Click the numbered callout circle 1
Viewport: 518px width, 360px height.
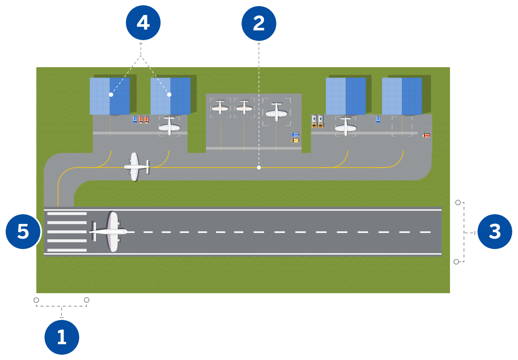tap(62, 337)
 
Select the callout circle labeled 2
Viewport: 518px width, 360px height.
tap(259, 23)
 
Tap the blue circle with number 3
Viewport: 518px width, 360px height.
tap(495, 232)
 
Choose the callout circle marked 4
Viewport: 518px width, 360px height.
tap(143, 23)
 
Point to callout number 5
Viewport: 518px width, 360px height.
tap(23, 232)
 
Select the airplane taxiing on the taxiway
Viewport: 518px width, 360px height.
tap(136, 166)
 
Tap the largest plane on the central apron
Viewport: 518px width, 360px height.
tap(276, 112)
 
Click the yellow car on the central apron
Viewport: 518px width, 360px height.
tap(295, 141)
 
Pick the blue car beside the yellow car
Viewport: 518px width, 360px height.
tap(295, 134)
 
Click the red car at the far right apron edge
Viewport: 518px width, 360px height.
tap(426, 135)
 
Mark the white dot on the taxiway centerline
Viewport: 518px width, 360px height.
tap(259, 167)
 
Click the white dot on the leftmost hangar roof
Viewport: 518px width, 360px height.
tap(111, 94)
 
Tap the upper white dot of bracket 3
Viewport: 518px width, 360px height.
tap(458, 202)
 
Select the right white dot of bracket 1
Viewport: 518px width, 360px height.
tap(87, 300)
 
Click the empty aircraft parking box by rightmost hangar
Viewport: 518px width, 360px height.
tap(402, 126)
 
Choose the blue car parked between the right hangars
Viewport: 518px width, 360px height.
tap(378, 119)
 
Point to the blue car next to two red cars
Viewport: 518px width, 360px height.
tap(135, 120)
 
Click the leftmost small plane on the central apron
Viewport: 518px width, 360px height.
tap(220, 108)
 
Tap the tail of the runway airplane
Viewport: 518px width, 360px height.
tap(94, 232)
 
